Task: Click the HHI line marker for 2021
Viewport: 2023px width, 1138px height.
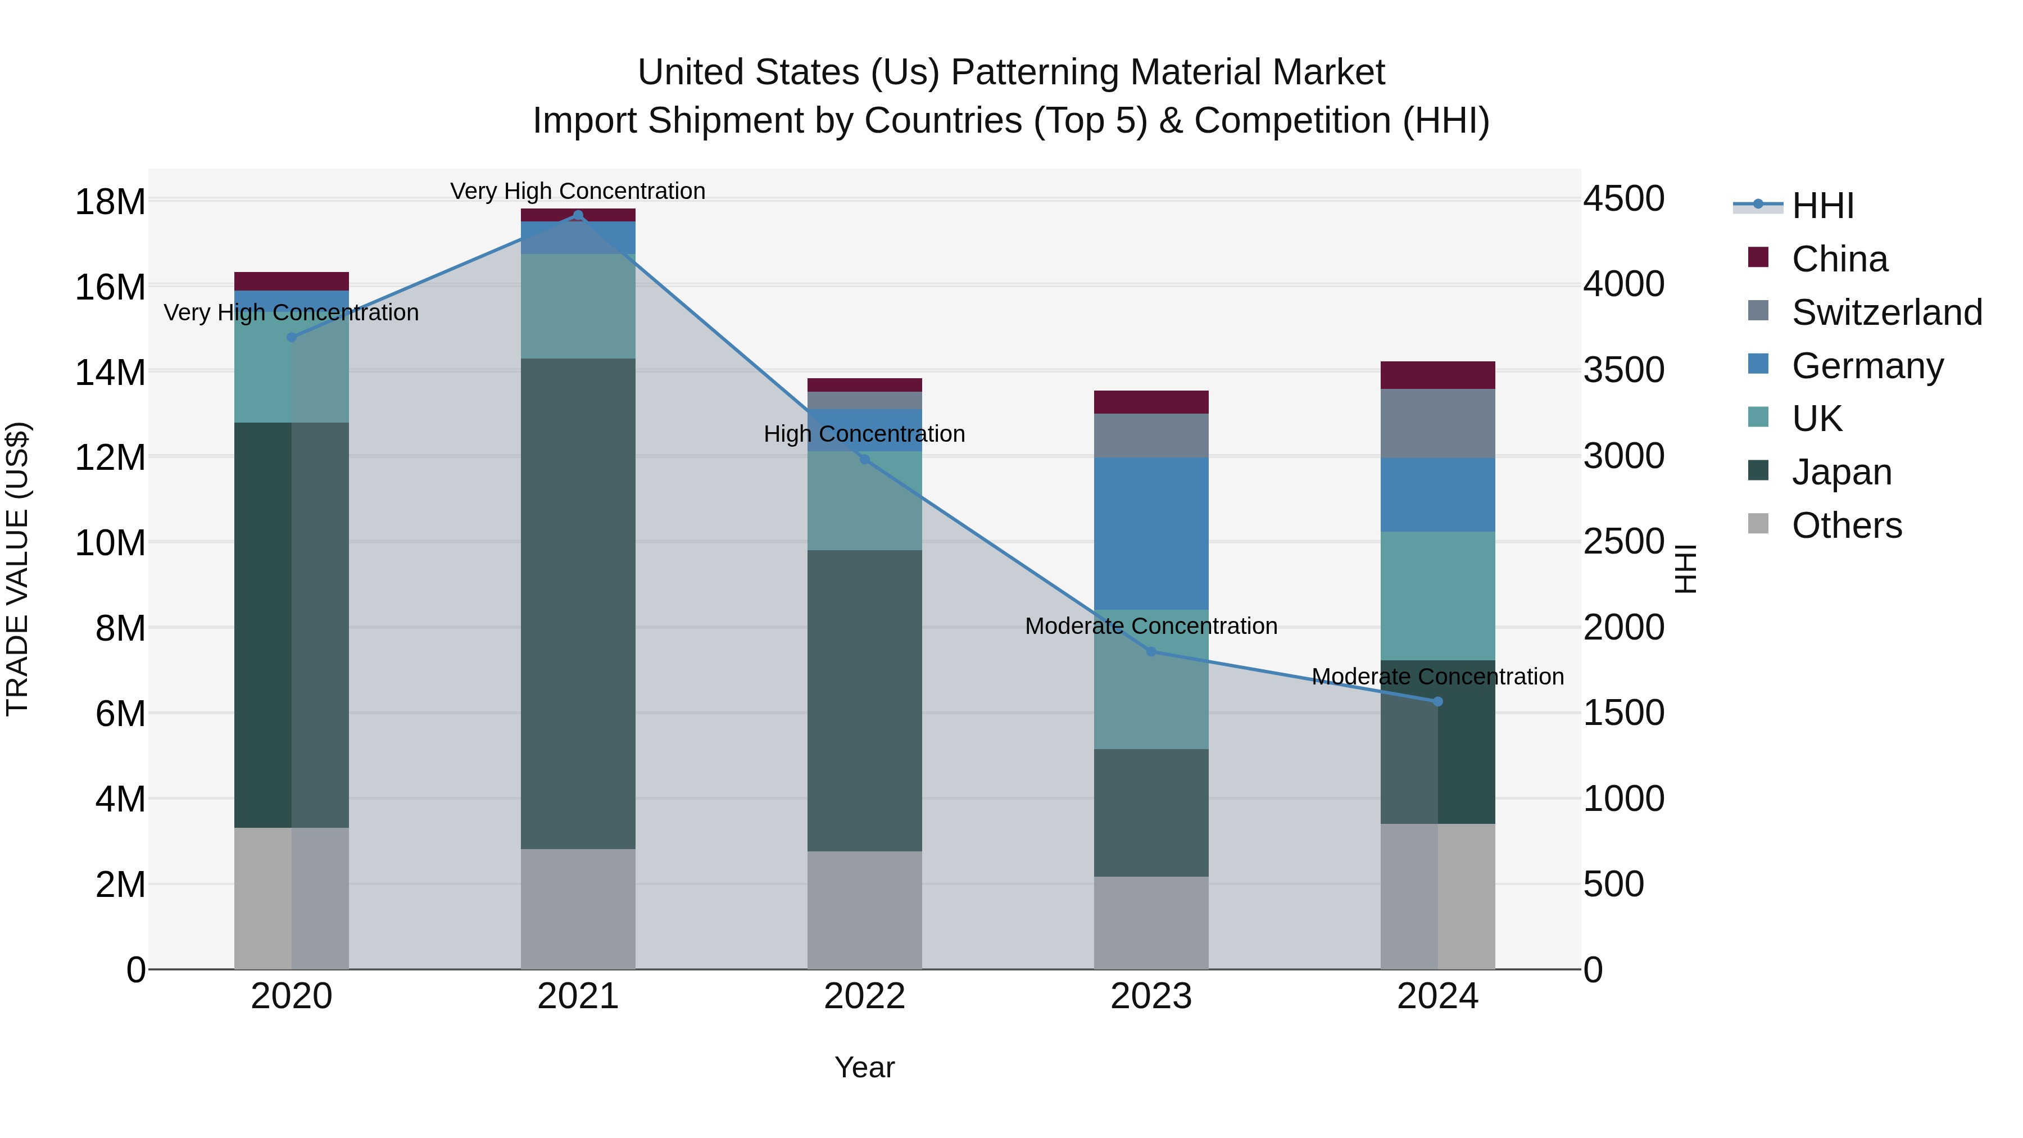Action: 578,215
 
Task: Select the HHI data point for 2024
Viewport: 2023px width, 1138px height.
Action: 1438,701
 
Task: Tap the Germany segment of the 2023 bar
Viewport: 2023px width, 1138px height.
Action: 1151,534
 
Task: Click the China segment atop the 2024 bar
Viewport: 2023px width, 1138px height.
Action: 1438,375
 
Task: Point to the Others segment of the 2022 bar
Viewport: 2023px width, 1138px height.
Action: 865,910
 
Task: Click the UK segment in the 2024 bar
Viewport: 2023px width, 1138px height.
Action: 1438,596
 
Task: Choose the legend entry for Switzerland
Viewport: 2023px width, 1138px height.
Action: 1886,312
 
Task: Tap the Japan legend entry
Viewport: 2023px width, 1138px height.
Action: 1841,472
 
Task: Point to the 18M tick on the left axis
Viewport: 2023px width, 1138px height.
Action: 110,202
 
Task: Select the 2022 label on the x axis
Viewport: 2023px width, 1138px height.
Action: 865,996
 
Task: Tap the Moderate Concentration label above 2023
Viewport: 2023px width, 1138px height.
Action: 1151,626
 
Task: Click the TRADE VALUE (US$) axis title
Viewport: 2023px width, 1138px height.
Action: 17,569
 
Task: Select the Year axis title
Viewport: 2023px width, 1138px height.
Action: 865,1067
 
